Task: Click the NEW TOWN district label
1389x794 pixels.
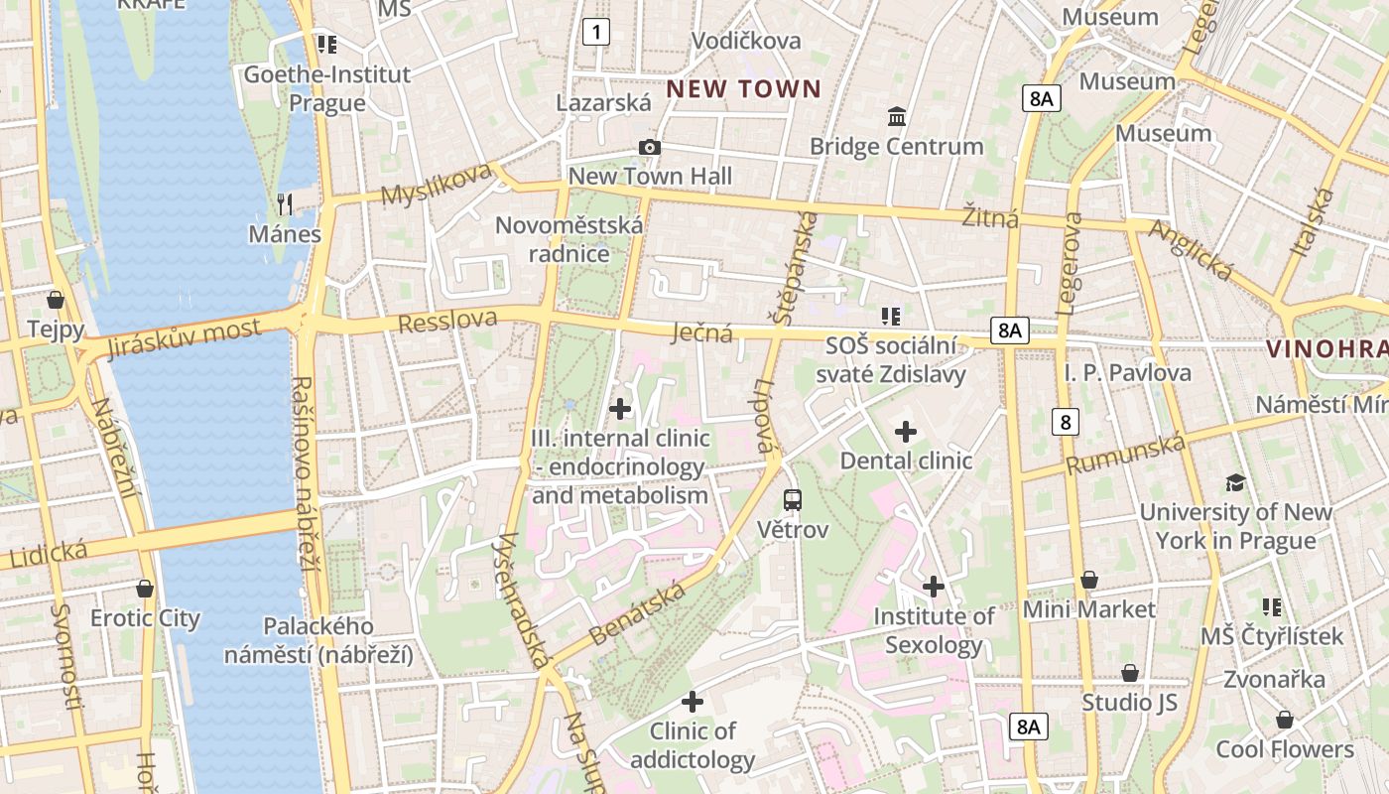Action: pos(743,89)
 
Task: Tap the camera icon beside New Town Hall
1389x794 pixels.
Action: pos(650,148)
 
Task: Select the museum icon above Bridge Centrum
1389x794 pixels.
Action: pos(897,117)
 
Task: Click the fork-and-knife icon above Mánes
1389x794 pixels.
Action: pos(285,204)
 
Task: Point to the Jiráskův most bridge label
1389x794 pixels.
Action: pos(185,337)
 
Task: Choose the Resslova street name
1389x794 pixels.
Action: pos(447,321)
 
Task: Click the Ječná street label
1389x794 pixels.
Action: pos(701,331)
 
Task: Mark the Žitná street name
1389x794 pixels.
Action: pos(989,216)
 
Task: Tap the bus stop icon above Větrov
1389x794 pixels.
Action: pos(792,500)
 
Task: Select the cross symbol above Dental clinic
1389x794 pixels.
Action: pos(905,432)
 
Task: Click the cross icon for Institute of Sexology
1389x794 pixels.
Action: pos(933,587)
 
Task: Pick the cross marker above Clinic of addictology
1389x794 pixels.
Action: pos(693,702)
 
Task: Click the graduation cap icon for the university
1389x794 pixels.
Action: pos(1235,482)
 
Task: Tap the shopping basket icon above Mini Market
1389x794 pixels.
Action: pos(1089,580)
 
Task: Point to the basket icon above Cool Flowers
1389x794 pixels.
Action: pos(1285,720)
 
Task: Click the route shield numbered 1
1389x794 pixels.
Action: pos(595,33)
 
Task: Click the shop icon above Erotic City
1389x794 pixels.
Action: pos(145,589)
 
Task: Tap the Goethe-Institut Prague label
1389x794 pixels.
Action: pos(326,88)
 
